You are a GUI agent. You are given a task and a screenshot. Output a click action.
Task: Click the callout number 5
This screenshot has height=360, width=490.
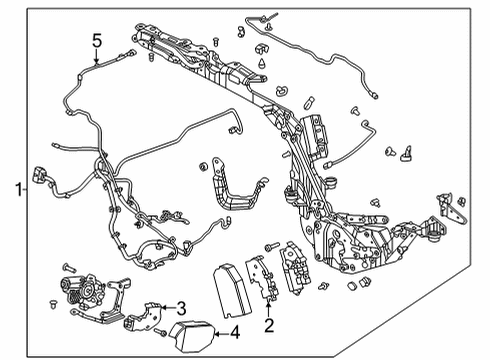tap(97, 41)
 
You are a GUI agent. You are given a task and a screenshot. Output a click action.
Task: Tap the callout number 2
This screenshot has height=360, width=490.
tap(268, 326)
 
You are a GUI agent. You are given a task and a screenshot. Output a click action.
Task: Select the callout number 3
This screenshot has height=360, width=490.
tap(182, 306)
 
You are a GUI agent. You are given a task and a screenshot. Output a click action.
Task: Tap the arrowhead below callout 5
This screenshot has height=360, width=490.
tap(97, 63)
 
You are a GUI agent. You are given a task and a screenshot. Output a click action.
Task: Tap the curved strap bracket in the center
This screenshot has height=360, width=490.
tap(232, 196)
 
